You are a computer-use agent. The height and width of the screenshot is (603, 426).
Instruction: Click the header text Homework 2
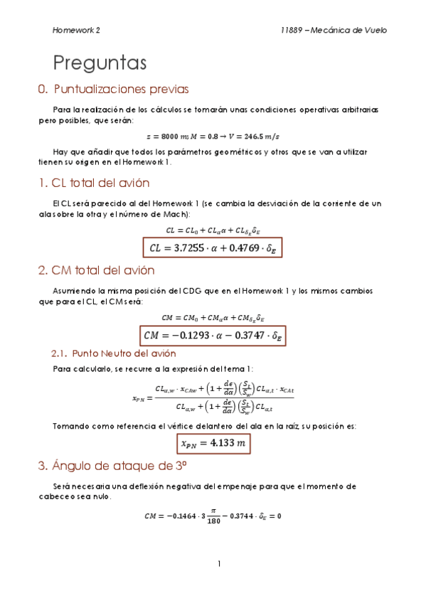(76, 31)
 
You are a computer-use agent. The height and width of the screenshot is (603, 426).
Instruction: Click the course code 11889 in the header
(293, 31)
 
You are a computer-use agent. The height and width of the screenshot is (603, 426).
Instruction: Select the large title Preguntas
(100, 63)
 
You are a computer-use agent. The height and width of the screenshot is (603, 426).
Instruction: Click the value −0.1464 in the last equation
(181, 516)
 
